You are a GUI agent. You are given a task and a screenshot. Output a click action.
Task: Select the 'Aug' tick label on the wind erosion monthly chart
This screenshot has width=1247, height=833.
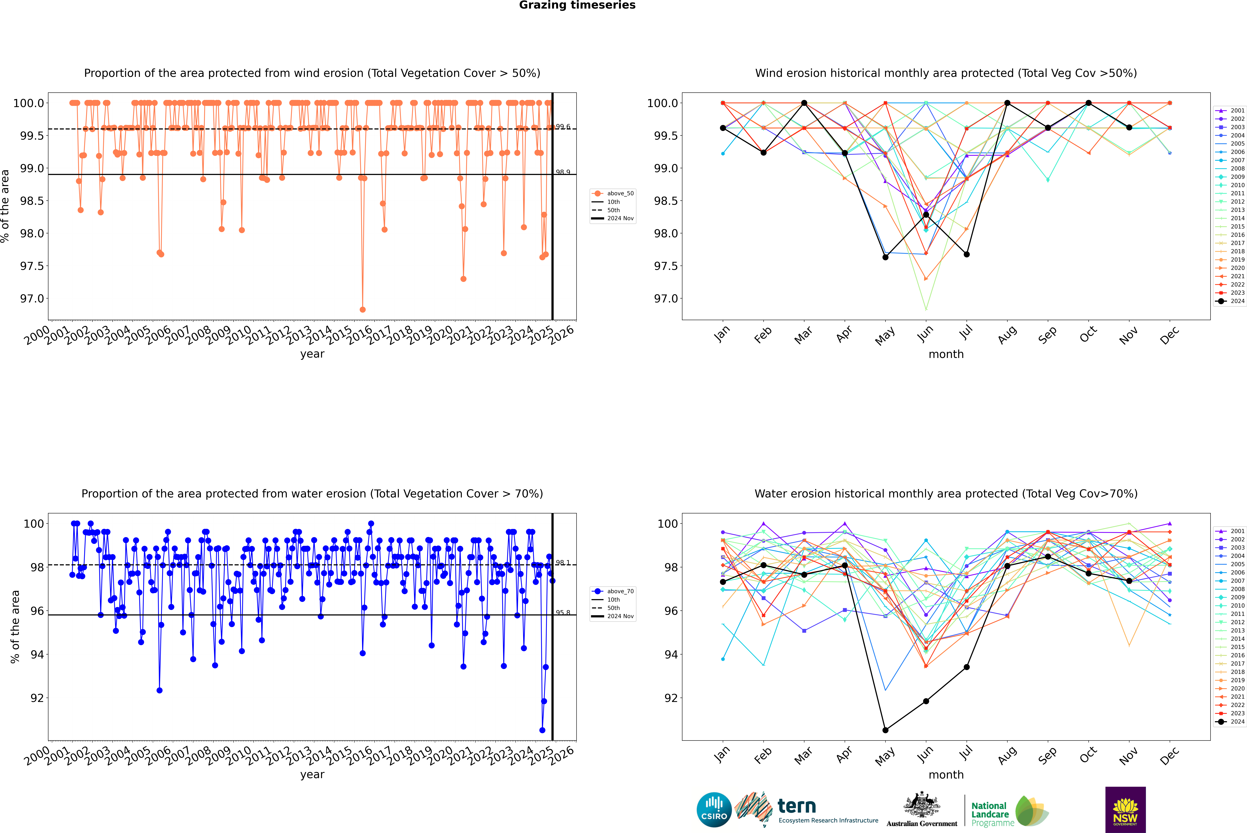1007,335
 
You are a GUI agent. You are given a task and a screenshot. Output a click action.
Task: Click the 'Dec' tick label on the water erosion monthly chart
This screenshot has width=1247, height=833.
1169,755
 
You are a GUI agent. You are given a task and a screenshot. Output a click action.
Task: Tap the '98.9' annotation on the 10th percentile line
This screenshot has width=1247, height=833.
563,172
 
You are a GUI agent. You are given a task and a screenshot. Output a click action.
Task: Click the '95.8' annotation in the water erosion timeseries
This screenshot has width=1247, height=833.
563,613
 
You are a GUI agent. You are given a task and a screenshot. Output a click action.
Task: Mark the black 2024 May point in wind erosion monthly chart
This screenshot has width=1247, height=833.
885,257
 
